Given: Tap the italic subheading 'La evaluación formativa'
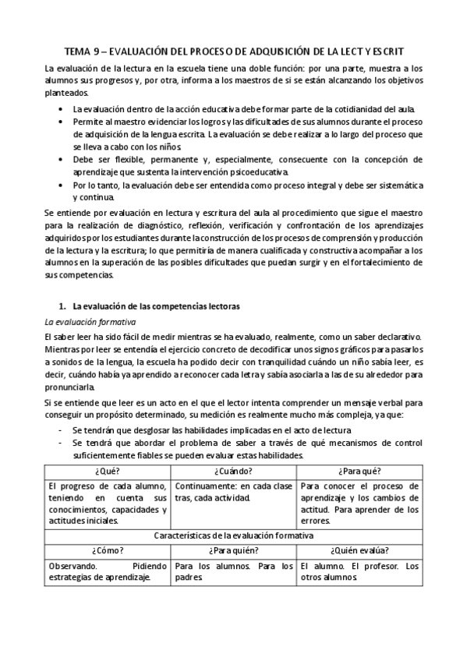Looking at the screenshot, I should point(81,321).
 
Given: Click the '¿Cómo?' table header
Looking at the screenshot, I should point(107,550).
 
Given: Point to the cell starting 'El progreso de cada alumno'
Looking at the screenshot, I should point(107,503).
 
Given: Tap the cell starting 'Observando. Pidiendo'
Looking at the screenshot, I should point(107,571).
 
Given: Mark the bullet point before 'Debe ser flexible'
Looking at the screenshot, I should point(62,158).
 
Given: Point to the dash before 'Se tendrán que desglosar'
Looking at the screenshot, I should point(62,431).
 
